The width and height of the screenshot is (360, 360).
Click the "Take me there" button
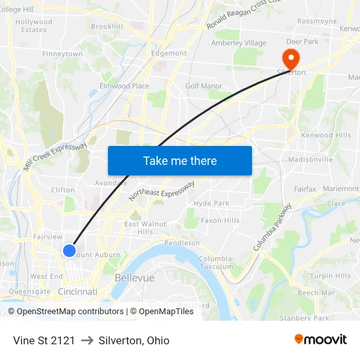tap(180, 160)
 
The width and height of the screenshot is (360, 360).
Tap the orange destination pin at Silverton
tap(289, 57)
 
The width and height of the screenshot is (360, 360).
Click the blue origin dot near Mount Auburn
tap(69, 250)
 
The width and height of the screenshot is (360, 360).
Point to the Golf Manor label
tap(204, 86)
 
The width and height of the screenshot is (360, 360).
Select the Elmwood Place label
tap(124, 86)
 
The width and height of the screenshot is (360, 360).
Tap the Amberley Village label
tap(238, 43)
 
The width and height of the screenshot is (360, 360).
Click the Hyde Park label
tap(211, 204)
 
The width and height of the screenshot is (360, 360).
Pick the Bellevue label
tap(134, 278)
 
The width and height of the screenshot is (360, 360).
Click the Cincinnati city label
tap(78, 291)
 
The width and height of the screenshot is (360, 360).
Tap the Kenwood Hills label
tap(325, 135)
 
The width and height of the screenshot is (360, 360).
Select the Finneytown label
tap(63, 54)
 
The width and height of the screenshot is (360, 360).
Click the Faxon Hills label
tap(220, 221)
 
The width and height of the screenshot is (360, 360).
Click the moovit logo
tap(320, 340)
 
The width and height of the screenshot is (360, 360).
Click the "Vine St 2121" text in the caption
tap(44, 340)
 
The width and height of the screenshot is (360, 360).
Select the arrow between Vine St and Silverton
tap(87, 340)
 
